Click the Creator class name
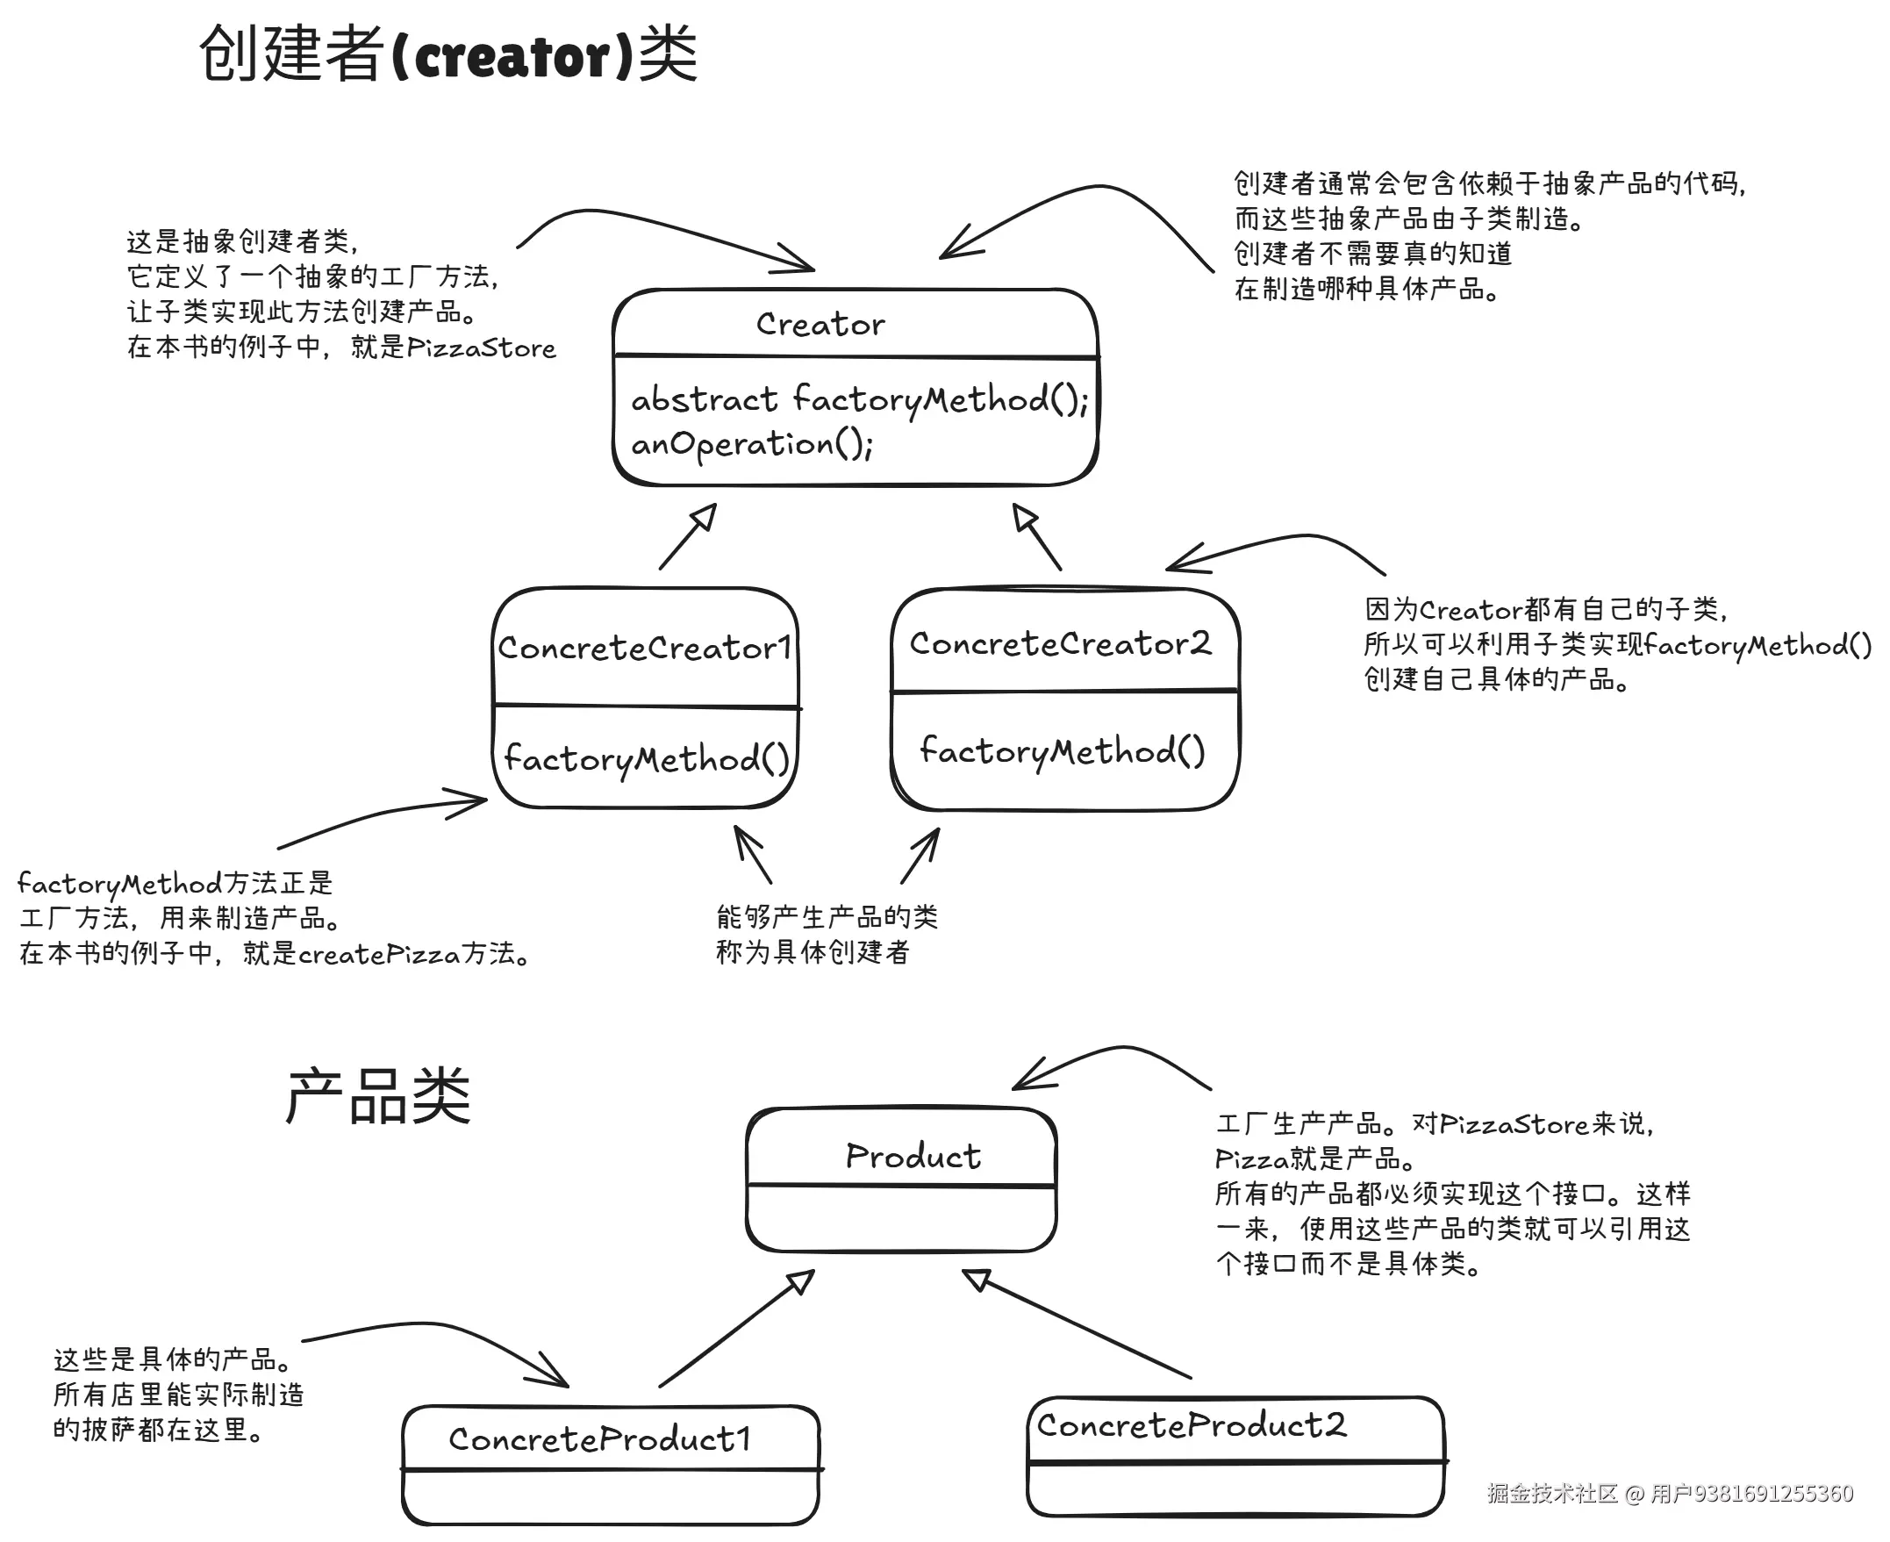point(820,324)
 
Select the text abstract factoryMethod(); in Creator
point(859,399)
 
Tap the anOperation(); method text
point(751,443)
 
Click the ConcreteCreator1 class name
point(644,648)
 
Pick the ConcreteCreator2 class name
point(1060,643)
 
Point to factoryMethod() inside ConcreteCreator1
point(646,758)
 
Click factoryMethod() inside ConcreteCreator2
point(1062,751)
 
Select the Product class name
point(913,1156)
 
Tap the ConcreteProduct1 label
point(599,1438)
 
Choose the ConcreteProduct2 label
point(1191,1424)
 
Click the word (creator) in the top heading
point(512,56)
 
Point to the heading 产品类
point(377,1095)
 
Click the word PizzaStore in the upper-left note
point(481,348)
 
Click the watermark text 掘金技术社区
point(1551,1493)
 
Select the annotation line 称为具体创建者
point(813,952)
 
